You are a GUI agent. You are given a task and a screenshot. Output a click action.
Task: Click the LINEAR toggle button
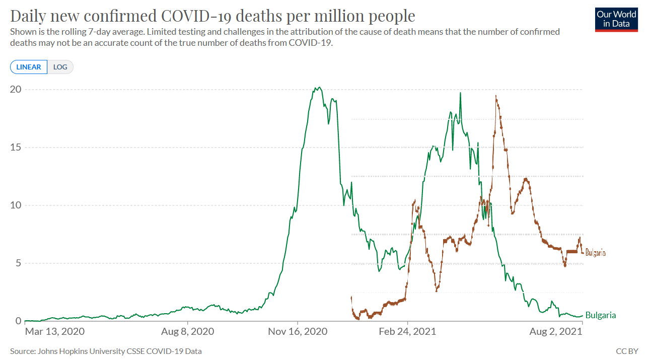(x=29, y=67)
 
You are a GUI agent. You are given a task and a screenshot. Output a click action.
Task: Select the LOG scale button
(x=60, y=67)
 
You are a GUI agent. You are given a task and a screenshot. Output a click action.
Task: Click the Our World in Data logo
(x=616, y=20)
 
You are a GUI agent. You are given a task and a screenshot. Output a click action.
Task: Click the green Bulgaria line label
(x=601, y=316)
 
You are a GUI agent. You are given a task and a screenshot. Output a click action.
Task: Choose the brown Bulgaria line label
(x=595, y=253)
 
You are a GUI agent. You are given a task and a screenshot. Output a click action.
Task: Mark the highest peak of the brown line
(x=496, y=96)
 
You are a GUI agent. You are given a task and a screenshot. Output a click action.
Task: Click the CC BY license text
(x=627, y=351)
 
